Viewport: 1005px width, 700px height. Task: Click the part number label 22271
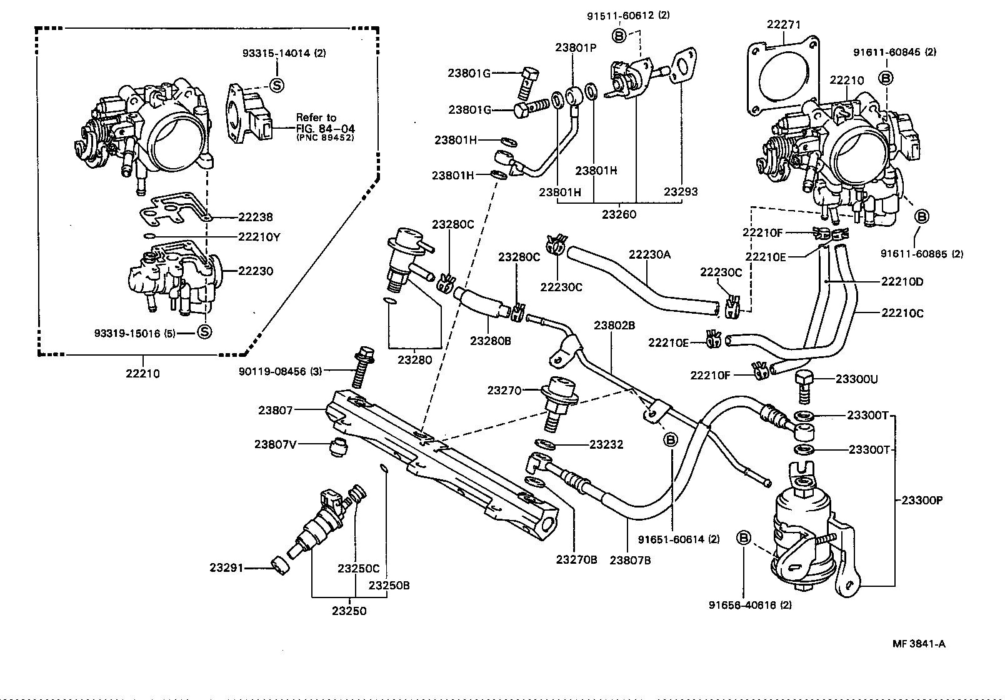click(x=784, y=24)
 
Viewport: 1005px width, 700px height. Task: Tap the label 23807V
click(x=274, y=444)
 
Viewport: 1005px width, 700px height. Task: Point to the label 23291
click(x=226, y=568)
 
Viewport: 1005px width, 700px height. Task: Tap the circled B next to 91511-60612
click(x=618, y=36)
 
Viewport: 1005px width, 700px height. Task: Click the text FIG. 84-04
click(x=325, y=128)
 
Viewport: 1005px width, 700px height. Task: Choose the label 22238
click(x=255, y=217)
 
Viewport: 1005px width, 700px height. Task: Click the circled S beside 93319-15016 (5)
click(x=204, y=331)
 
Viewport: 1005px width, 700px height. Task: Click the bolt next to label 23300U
click(x=803, y=386)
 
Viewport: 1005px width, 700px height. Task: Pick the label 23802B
click(x=614, y=325)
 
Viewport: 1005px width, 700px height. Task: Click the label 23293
click(x=681, y=192)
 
